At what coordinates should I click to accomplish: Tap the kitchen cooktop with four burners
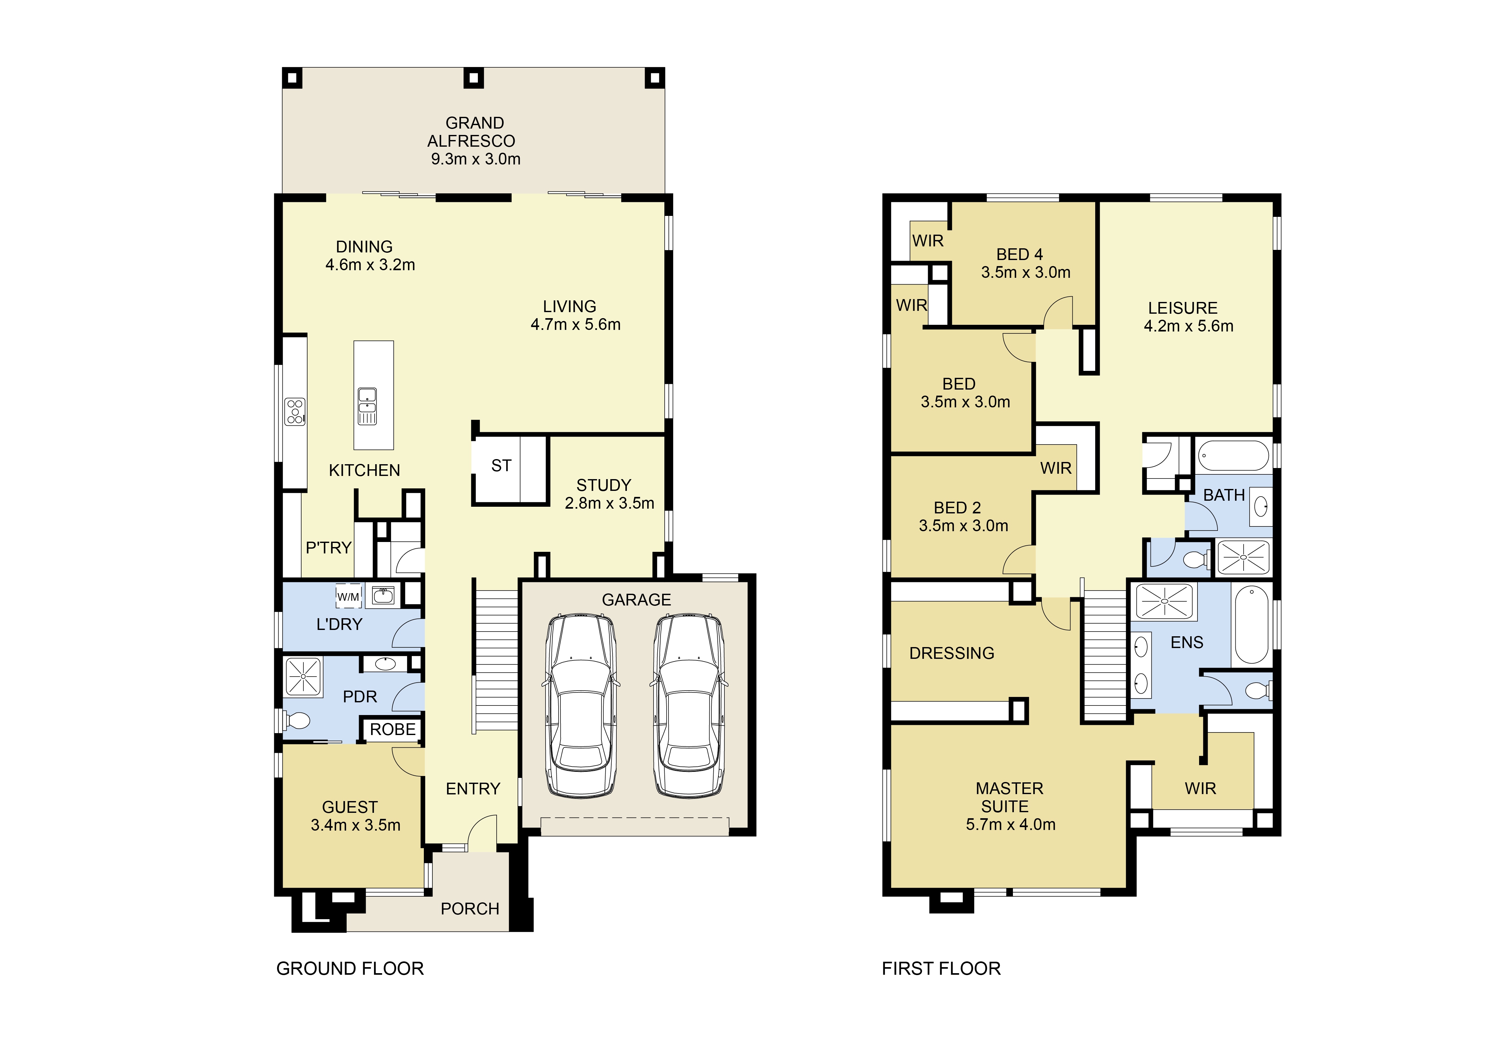(295, 411)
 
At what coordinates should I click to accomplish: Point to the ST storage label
(501, 466)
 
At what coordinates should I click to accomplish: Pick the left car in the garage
(580, 705)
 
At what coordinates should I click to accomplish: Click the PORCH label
(470, 909)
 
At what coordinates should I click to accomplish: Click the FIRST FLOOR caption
(941, 968)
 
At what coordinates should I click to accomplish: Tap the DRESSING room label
(951, 653)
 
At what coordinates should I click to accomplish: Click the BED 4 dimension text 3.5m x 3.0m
(1026, 272)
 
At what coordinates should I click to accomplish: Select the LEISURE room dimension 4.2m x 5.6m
(1188, 326)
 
